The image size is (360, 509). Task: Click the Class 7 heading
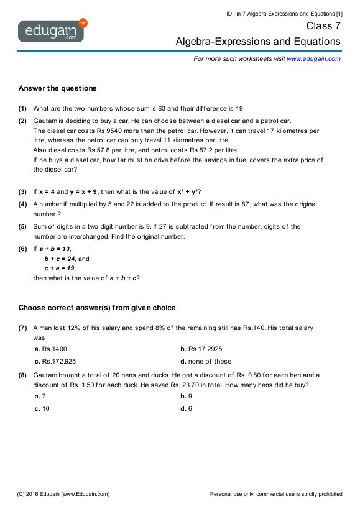pyautogui.click(x=323, y=26)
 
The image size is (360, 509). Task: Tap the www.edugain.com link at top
pyautogui.click(x=313, y=58)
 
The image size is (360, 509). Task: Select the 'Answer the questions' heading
pyautogui.click(x=57, y=88)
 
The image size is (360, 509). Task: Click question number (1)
pyautogui.click(x=22, y=108)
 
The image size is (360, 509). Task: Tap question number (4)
pyautogui.click(x=22, y=204)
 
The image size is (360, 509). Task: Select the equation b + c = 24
pyautogui.click(x=59, y=259)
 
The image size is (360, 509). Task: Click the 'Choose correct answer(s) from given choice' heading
pyautogui.click(x=97, y=307)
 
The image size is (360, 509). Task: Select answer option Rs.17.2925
pyautogui.click(x=205, y=349)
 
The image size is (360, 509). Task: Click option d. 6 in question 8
pyautogui.click(x=187, y=408)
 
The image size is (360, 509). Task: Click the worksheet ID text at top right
pyautogui.click(x=284, y=13)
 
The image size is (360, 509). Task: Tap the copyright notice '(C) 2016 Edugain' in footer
pyautogui.click(x=63, y=494)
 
